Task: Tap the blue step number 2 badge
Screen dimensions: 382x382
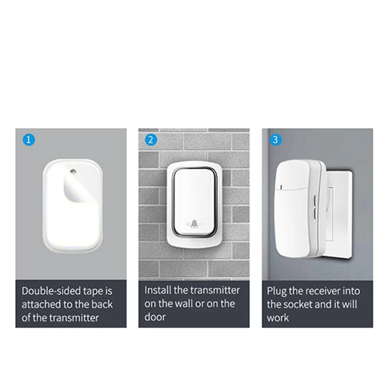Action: pos(151,140)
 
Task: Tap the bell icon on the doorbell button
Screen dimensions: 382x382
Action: pos(194,223)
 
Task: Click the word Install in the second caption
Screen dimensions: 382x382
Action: pos(159,291)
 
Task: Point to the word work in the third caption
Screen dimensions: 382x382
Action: pos(278,317)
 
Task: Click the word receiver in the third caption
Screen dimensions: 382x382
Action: pos(323,291)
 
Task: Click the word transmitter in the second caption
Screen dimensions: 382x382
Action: pos(214,291)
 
